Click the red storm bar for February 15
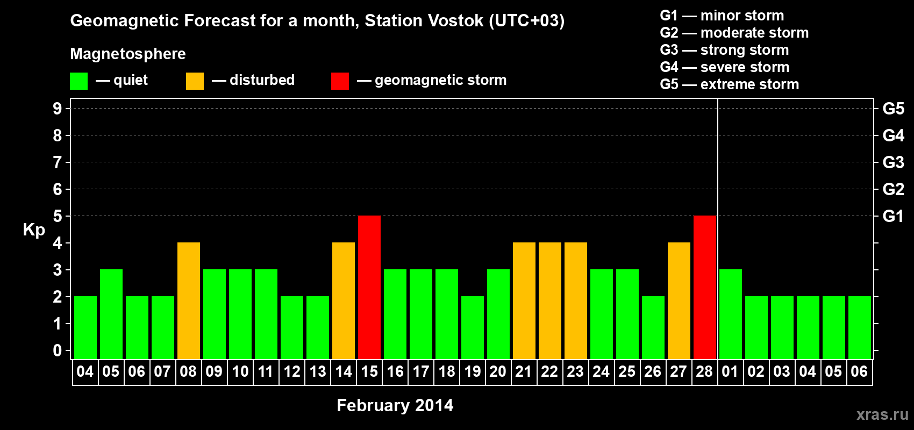(369, 287)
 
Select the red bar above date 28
(705, 287)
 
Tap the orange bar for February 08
(189, 300)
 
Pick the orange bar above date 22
(550, 300)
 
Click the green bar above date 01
(731, 314)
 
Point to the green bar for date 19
(473, 327)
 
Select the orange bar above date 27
(679, 300)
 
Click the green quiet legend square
(79, 81)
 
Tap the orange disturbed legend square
(195, 81)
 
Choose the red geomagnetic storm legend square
(340, 81)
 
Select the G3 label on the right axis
(893, 162)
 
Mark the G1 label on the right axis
(893, 216)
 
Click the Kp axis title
(34, 230)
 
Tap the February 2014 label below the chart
(395, 405)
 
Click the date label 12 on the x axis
(292, 371)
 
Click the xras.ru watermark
(882, 414)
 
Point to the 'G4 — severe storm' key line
(725, 67)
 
